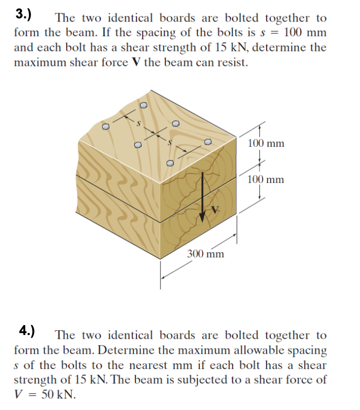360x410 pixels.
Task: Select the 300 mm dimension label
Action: tap(206, 254)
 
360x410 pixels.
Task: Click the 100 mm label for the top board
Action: tap(266, 143)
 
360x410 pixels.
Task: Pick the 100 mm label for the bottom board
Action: tap(266, 179)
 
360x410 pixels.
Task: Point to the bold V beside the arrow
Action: tap(214, 210)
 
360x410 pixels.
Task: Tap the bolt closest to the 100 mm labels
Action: tap(208, 142)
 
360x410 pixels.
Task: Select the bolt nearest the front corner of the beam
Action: tap(170, 163)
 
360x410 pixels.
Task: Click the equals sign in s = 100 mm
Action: tap(272, 33)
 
